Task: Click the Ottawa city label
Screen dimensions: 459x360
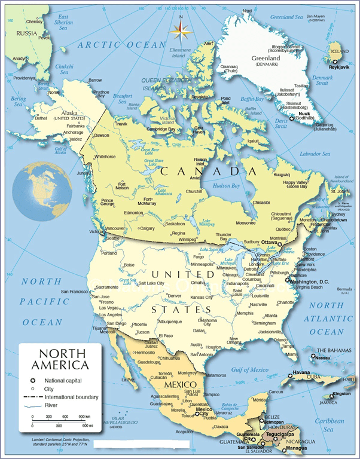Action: click(x=271, y=242)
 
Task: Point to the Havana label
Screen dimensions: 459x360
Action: click(x=301, y=372)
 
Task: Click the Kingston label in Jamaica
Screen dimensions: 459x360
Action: click(x=342, y=393)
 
